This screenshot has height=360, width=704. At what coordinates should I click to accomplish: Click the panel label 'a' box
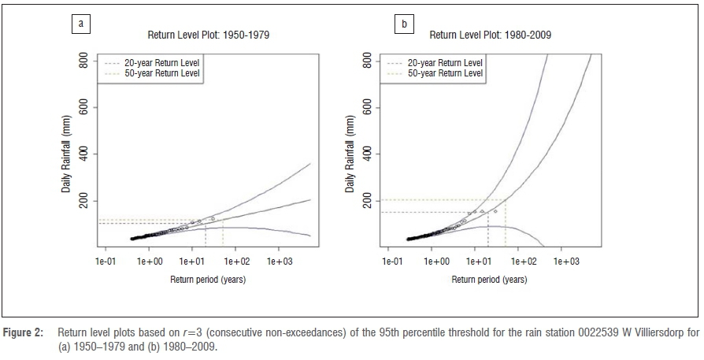80,24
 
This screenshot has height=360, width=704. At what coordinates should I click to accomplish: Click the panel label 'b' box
404,24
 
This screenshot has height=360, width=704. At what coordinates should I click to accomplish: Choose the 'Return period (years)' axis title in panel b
493,280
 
